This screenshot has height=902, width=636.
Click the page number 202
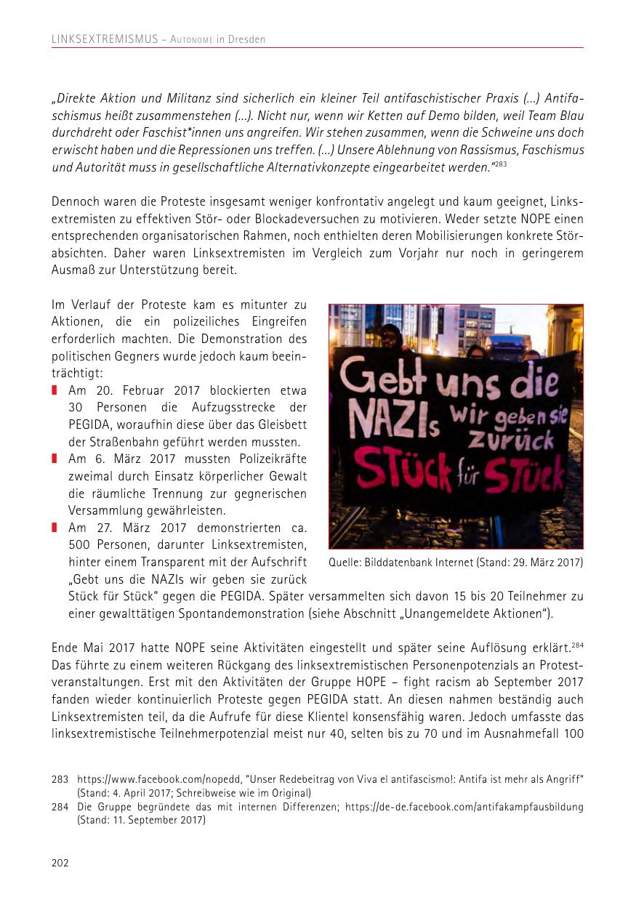click(x=60, y=863)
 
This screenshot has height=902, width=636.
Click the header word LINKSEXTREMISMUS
click(x=105, y=39)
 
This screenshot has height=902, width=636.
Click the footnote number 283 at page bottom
click(x=60, y=778)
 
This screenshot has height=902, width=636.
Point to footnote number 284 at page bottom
click(x=60, y=807)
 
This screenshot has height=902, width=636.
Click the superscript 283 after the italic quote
click(x=501, y=164)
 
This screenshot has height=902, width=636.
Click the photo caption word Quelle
click(x=344, y=563)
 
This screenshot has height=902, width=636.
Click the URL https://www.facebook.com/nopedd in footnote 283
click(x=146, y=778)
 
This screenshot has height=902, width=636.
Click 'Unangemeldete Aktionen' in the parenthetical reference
click(x=480, y=613)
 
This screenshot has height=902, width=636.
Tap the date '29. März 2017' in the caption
click(x=549, y=563)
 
